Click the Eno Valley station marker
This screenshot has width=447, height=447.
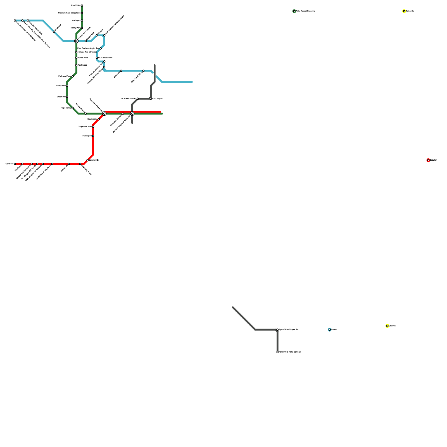tap(82, 6)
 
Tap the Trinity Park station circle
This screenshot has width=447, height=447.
tap(82, 28)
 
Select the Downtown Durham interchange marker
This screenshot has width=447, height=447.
tap(76, 41)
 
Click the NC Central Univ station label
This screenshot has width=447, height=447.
tap(105, 58)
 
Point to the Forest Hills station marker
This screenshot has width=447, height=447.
tap(76, 58)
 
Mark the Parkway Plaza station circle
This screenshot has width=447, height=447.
tap(73, 76)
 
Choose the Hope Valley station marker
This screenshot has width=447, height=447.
tap(73, 108)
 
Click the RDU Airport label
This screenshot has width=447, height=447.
tap(158, 99)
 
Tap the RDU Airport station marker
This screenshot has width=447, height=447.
tap(151, 99)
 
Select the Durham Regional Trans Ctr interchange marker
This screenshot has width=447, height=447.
tap(132, 114)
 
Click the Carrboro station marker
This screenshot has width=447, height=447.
tap(15, 164)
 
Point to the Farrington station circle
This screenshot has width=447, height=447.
tap(93, 136)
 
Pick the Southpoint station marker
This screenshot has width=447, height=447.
tap(99, 119)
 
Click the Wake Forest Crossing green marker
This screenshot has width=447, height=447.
tap(294, 11)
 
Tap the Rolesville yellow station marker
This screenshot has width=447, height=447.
tap(404, 11)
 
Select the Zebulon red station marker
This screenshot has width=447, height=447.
tap(428, 160)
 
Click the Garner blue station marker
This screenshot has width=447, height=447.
tap(330, 330)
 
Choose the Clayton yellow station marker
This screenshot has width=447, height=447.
tap(387, 326)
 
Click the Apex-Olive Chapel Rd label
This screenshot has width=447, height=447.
tap(289, 330)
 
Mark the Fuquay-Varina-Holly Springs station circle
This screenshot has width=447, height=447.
tap(277, 352)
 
